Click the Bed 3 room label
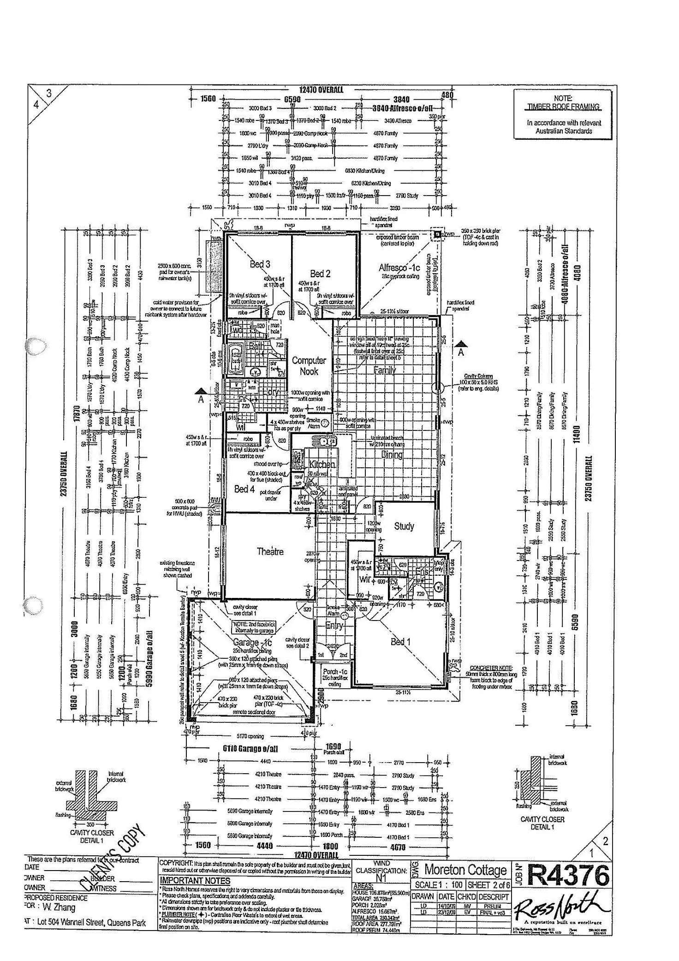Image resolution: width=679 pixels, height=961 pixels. (x=260, y=264)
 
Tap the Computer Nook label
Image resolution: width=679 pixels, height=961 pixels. (x=309, y=366)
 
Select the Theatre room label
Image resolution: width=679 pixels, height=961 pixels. (x=270, y=551)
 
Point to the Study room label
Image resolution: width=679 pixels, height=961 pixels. (x=404, y=526)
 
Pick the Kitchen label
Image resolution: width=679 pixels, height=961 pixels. (x=322, y=465)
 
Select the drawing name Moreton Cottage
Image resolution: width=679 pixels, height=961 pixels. (x=465, y=870)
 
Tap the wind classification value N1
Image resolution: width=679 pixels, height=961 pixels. (x=381, y=879)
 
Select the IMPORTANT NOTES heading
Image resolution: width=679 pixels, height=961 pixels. (x=195, y=880)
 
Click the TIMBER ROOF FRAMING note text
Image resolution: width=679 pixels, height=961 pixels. (x=563, y=107)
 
